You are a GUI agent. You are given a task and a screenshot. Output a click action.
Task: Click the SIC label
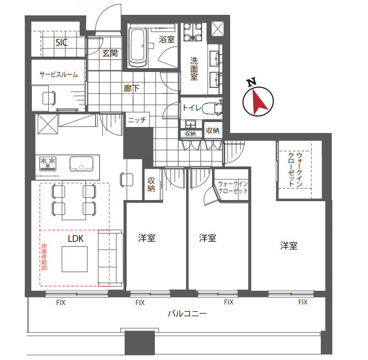coord(62,42)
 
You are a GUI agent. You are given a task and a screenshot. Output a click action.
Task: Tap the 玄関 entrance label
coord(110,53)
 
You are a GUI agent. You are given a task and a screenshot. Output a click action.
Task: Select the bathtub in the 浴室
coord(138,48)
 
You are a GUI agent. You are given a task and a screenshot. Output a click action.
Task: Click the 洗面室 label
coord(194,69)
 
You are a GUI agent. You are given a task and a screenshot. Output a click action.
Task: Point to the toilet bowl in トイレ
coord(211,108)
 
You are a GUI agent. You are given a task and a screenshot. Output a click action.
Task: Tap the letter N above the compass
coord(252,82)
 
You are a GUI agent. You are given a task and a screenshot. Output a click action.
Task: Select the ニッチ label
coord(137,120)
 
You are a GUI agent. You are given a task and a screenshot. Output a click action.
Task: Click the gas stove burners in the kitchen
coord(48,163)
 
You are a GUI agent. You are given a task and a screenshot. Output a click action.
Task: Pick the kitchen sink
coord(81,163)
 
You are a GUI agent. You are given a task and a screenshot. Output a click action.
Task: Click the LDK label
coord(76,239)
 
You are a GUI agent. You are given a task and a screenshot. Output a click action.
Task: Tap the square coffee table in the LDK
coord(75,259)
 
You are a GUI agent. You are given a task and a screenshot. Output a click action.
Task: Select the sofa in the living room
coord(110,258)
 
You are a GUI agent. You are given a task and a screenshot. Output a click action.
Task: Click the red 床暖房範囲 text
coord(44,257)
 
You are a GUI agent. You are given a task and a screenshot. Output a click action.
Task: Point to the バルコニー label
coord(187,313)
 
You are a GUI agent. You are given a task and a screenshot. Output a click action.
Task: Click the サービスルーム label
coord(58,74)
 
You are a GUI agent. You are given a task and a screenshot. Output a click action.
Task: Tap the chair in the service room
coord(49,98)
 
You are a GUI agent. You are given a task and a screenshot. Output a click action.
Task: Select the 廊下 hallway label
coord(131,88)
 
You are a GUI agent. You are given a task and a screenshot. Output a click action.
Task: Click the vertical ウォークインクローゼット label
coord(295,169)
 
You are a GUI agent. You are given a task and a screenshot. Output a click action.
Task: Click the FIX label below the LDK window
coord(61,303)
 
